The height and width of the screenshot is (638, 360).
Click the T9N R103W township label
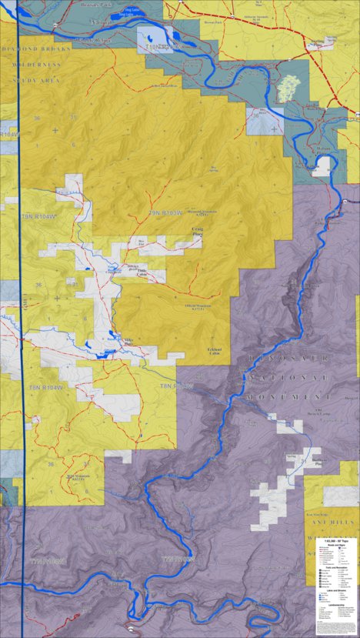162,213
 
